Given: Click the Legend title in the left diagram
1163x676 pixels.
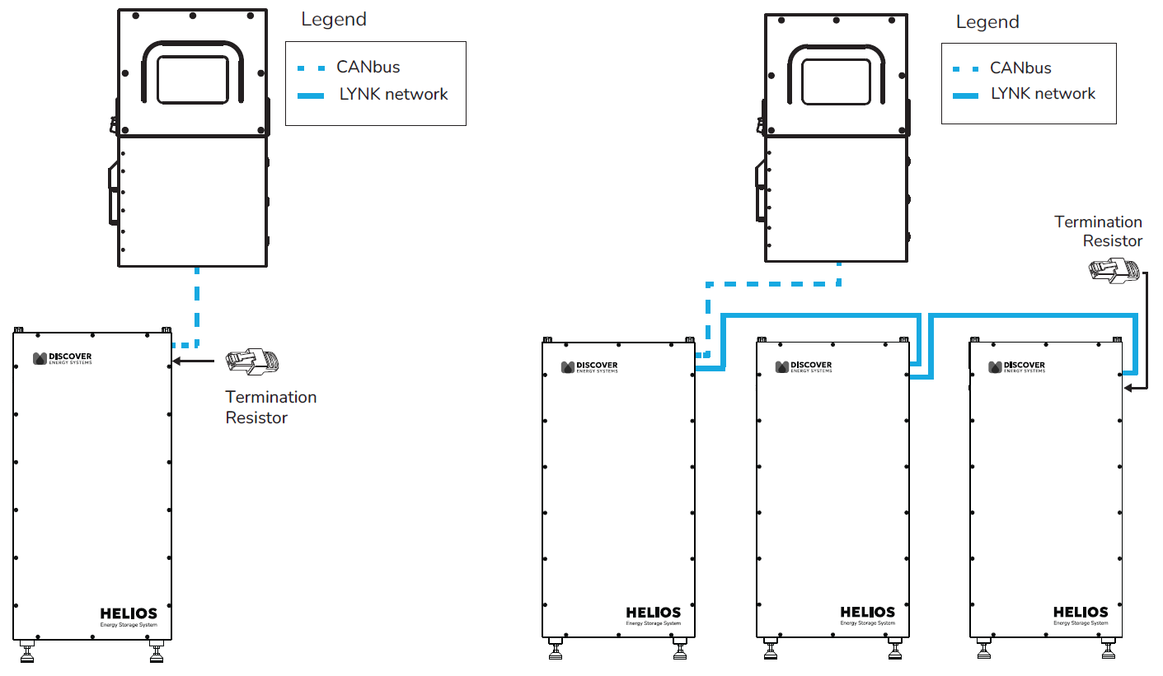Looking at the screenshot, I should pyautogui.click(x=334, y=20).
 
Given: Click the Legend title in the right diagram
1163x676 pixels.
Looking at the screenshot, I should pyautogui.click(x=987, y=22).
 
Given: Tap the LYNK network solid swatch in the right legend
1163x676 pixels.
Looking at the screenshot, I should pyautogui.click(x=965, y=96).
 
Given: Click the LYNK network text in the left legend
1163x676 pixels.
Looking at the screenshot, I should pyautogui.click(x=393, y=95).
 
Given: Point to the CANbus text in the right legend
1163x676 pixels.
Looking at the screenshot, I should pyautogui.click(x=1020, y=68).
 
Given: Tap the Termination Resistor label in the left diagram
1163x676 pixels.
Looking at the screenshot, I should pyautogui.click(x=270, y=408).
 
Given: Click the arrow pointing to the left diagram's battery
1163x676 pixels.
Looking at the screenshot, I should pyautogui.click(x=198, y=361).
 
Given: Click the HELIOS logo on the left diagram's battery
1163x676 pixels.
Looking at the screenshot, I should pyautogui.click(x=128, y=614).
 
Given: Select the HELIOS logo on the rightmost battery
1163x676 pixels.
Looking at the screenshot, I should pyautogui.click(x=1081, y=613).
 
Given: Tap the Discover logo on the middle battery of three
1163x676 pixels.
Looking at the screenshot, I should pyautogui.click(x=804, y=366).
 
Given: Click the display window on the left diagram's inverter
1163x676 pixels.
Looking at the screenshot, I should pyautogui.click(x=192, y=80).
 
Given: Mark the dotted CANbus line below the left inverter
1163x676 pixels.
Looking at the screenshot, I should pyautogui.click(x=196, y=305).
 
